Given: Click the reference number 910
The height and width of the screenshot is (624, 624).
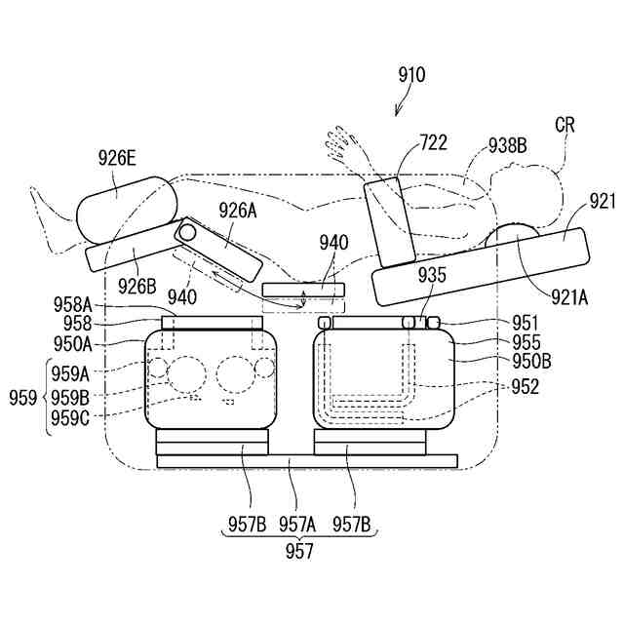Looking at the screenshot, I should [x=411, y=75].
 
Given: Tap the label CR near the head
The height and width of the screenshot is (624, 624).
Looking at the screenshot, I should [x=565, y=124].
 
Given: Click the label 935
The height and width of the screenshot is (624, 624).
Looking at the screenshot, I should [x=433, y=276].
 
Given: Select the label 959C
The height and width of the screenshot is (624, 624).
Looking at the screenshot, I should [x=70, y=417].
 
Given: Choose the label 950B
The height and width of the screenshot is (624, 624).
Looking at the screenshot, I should [x=532, y=362].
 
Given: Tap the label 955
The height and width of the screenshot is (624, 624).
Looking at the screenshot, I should [x=526, y=342].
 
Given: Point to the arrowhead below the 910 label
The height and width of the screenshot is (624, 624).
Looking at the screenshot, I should [x=399, y=112].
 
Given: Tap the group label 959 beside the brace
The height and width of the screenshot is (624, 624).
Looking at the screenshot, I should [x=24, y=397].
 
